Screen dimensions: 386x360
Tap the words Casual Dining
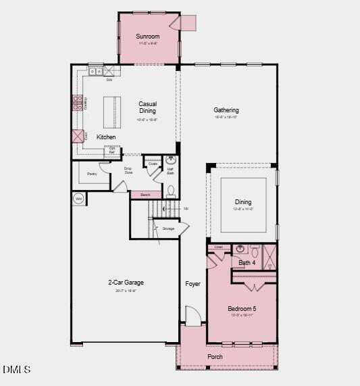coord(147,107)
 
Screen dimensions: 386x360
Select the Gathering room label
coord(226,110)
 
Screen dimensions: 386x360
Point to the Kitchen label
coord(106,137)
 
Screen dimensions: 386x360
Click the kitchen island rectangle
coord(112,112)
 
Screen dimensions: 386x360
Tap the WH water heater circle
coord(78,199)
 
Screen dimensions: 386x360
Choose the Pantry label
coord(92,174)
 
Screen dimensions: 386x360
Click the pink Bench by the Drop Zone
coord(145,195)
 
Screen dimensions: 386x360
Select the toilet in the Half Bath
coord(171,191)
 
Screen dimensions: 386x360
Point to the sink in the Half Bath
coord(171,161)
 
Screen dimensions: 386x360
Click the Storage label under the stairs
coord(168,228)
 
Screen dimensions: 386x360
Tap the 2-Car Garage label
coord(126,283)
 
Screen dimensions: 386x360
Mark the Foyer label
coord(193,284)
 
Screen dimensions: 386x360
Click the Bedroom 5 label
coord(242,308)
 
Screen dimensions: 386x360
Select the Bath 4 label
coord(247,262)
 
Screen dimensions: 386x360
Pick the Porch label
coord(215,356)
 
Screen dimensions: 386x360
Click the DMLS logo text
coord(16,369)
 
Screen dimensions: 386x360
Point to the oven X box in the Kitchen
coord(78,136)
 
